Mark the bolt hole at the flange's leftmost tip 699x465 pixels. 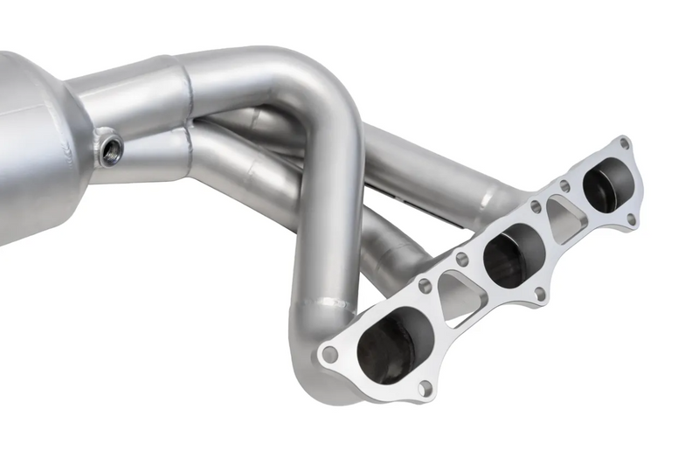point(329,355)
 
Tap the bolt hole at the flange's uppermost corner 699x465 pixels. point(623,142)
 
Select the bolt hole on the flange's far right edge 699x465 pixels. point(631,220)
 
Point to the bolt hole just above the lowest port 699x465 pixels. point(425,285)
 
